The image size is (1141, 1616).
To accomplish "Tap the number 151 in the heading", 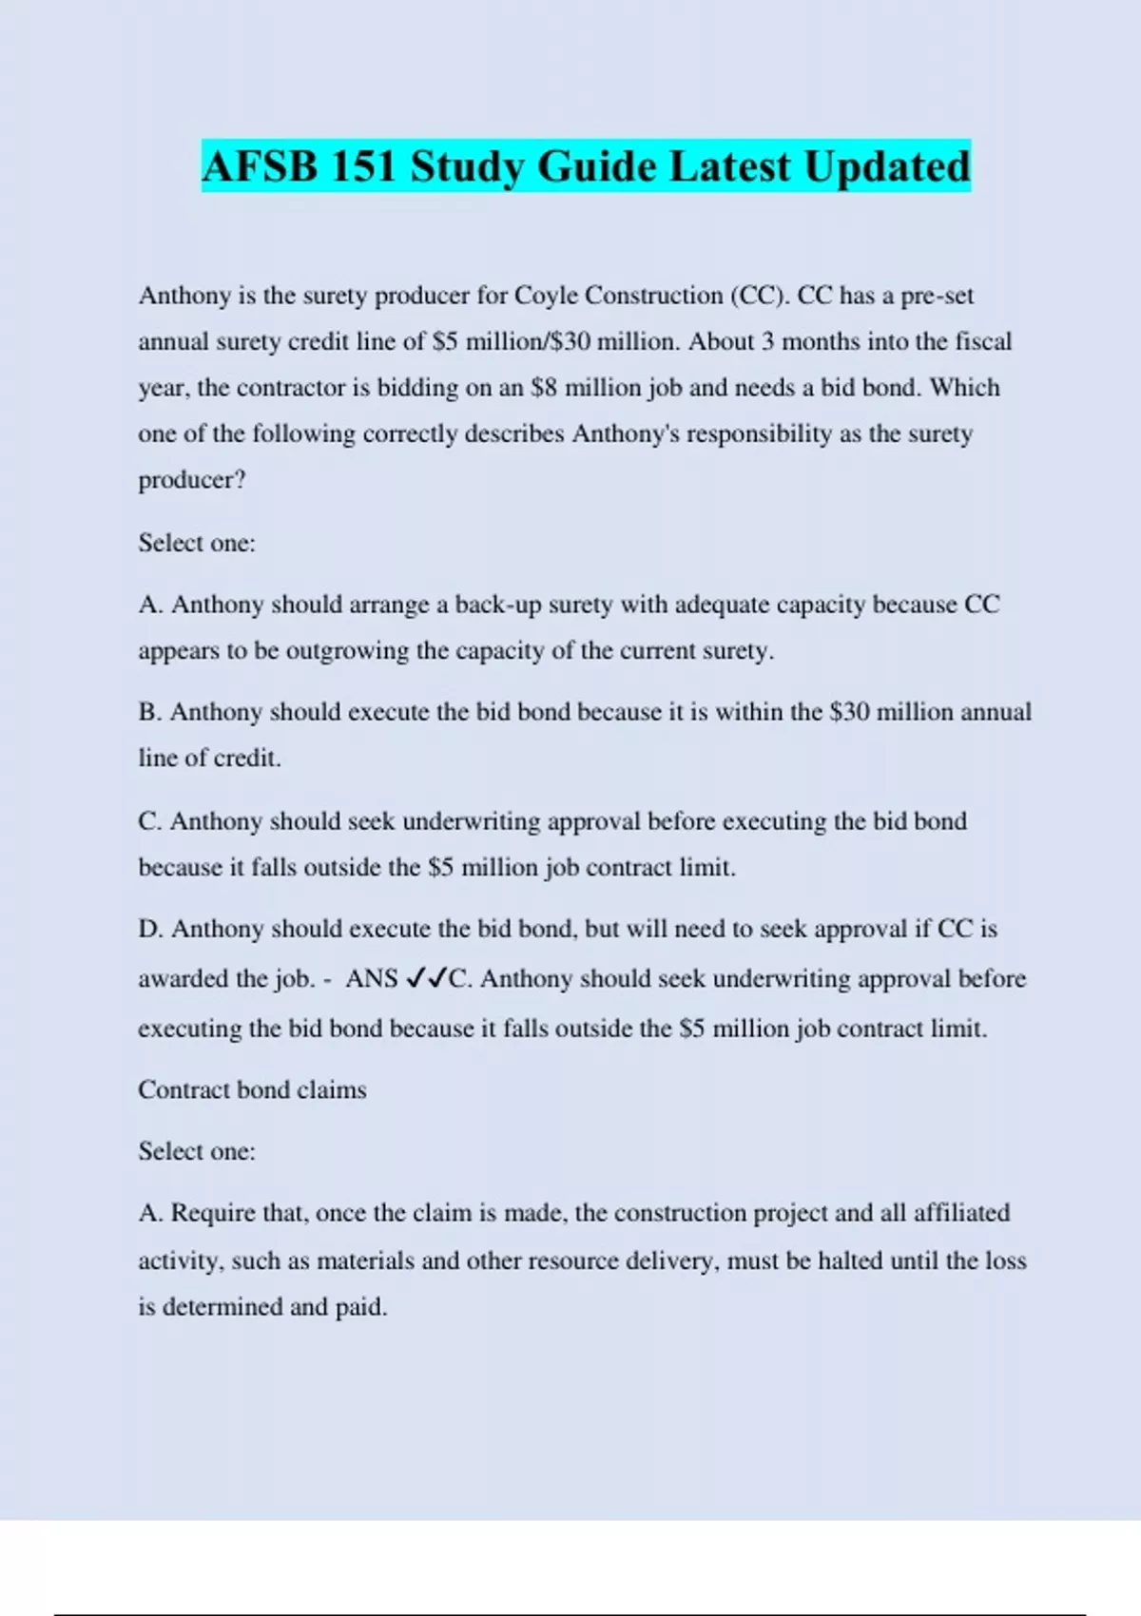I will (x=363, y=167).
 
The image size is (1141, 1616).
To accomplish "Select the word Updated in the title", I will (x=887, y=167).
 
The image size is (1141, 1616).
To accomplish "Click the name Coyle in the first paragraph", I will (x=546, y=296).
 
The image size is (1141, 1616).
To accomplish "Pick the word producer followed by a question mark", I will (x=191, y=480).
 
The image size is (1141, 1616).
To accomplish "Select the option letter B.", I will (x=149, y=712).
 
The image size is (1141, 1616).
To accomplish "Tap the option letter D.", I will (x=150, y=929).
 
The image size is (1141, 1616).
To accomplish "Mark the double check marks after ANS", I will (x=426, y=978).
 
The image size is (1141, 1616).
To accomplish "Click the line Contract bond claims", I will (x=252, y=1089).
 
